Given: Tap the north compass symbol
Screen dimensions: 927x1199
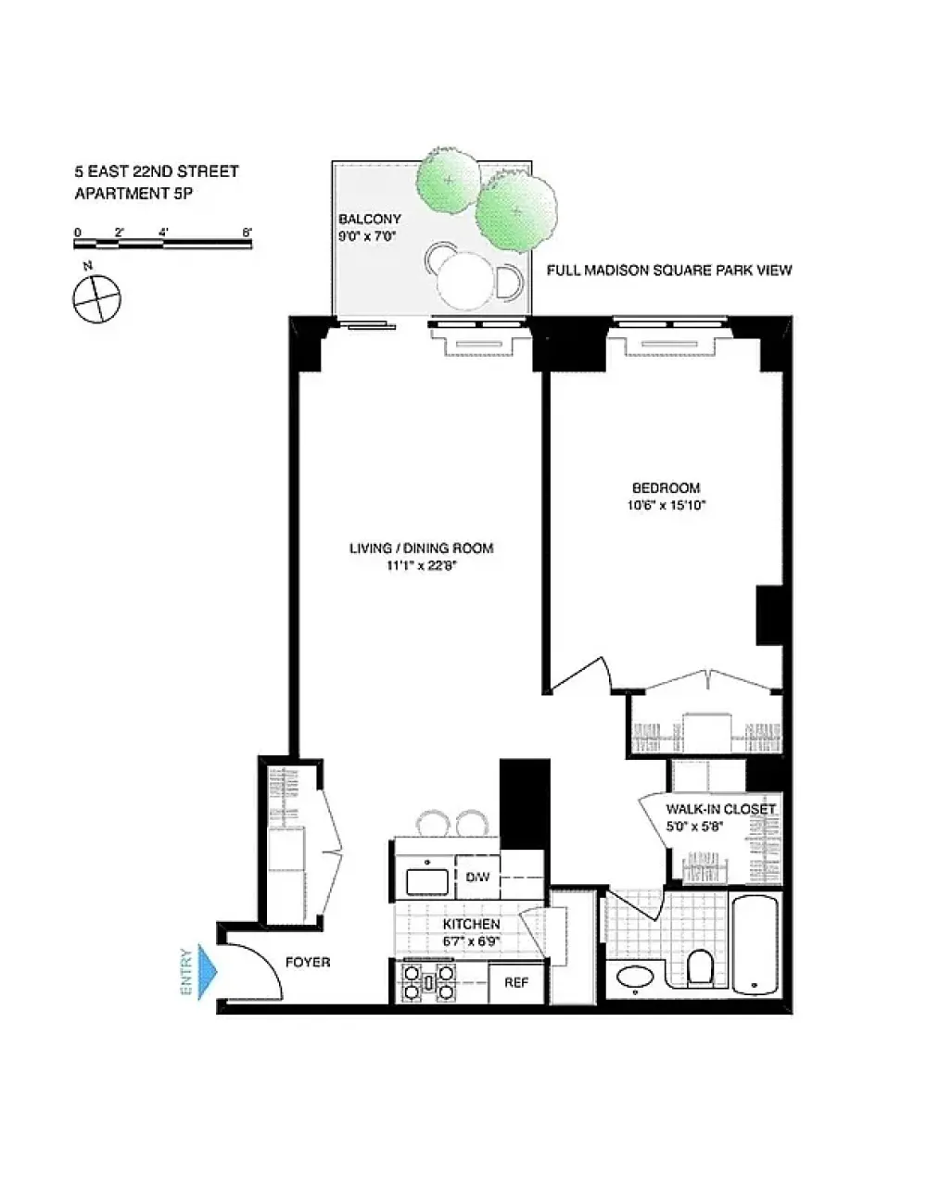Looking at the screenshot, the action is [x=96, y=299].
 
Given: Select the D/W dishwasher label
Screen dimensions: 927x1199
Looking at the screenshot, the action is [x=477, y=877].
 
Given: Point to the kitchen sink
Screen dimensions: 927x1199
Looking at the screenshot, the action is [x=427, y=881].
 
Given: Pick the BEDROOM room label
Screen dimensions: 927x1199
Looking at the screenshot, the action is [x=666, y=487].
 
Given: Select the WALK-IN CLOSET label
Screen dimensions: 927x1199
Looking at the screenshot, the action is [x=720, y=809].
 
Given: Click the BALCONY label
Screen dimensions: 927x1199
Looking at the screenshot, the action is [x=370, y=219].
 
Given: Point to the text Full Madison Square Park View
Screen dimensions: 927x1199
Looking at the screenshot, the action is [x=669, y=271].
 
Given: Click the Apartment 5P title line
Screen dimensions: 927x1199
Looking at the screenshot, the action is [x=133, y=194].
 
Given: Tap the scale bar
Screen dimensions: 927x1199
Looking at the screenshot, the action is [x=163, y=244].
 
